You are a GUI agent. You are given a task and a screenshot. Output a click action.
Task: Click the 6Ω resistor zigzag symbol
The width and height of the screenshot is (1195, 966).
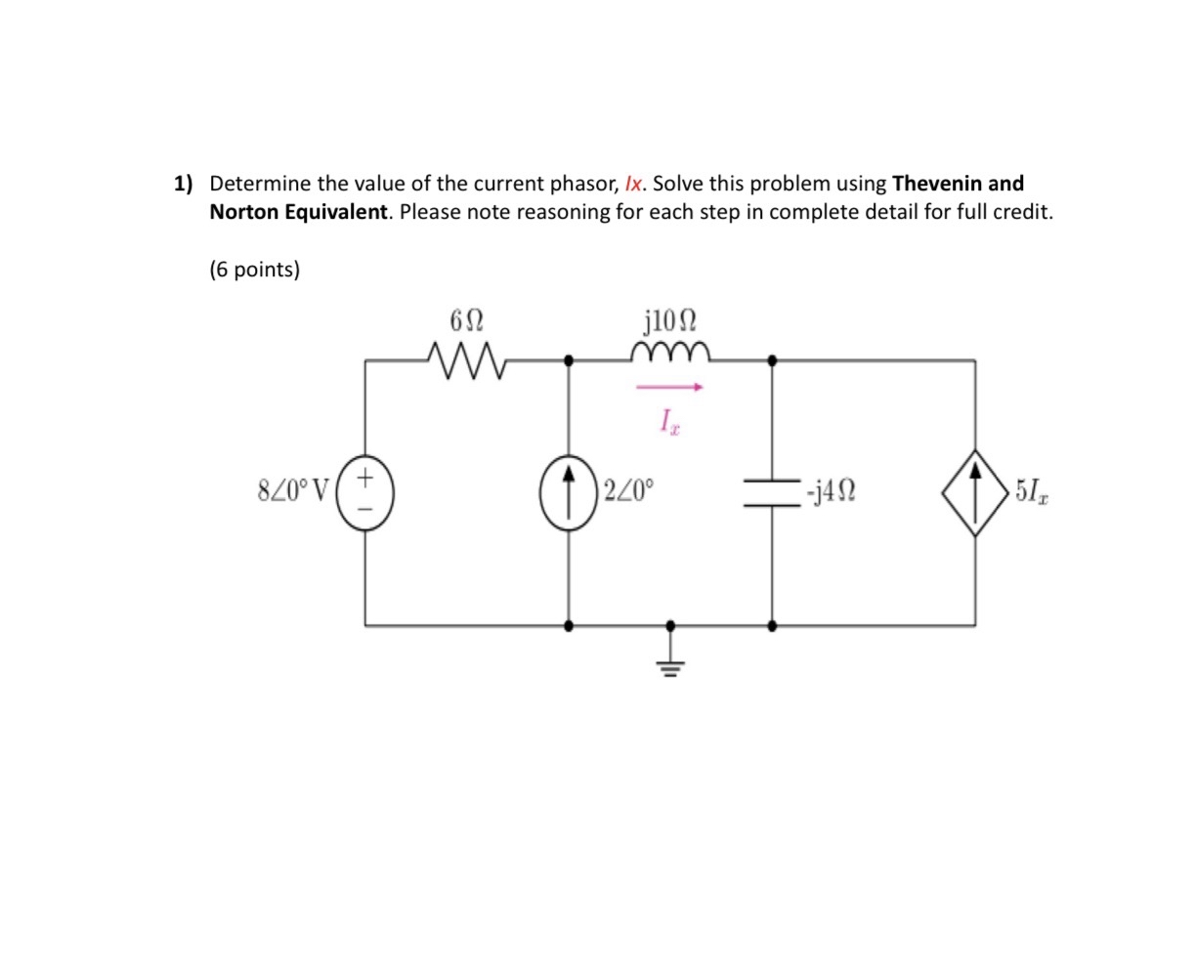tap(467, 361)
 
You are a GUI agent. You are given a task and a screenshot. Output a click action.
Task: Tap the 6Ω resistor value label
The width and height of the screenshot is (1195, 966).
tap(466, 321)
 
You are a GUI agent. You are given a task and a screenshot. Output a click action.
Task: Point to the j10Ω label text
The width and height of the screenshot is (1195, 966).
tap(671, 320)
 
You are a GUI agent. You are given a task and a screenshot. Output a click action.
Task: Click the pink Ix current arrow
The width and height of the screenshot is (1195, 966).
tap(669, 388)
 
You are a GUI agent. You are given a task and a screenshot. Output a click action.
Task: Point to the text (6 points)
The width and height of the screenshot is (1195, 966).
tap(254, 270)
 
